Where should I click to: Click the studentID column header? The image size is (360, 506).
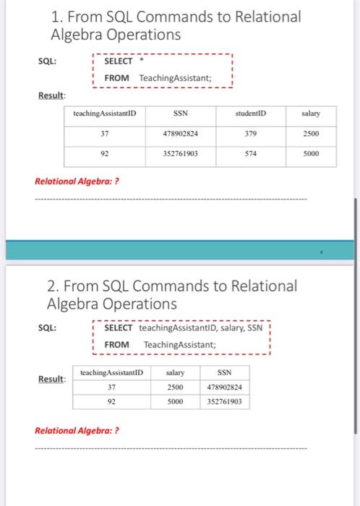tap(251, 113)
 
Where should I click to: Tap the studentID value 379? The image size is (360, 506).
tap(251, 134)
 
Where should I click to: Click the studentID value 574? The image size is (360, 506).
tap(251, 153)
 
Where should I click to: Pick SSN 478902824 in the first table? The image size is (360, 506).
tap(181, 134)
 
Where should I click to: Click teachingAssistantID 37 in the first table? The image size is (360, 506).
tap(105, 134)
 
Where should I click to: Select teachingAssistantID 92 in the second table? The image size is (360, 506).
tap(112, 400)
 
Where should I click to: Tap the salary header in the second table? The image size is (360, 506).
tap(174, 373)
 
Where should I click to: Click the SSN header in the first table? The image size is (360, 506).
tap(181, 113)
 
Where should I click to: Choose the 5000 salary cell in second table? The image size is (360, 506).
tap(174, 400)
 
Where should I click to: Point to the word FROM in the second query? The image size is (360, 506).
tap(116, 344)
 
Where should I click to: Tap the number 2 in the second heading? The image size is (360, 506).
tap(53, 286)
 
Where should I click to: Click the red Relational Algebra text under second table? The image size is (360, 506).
tap(77, 431)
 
